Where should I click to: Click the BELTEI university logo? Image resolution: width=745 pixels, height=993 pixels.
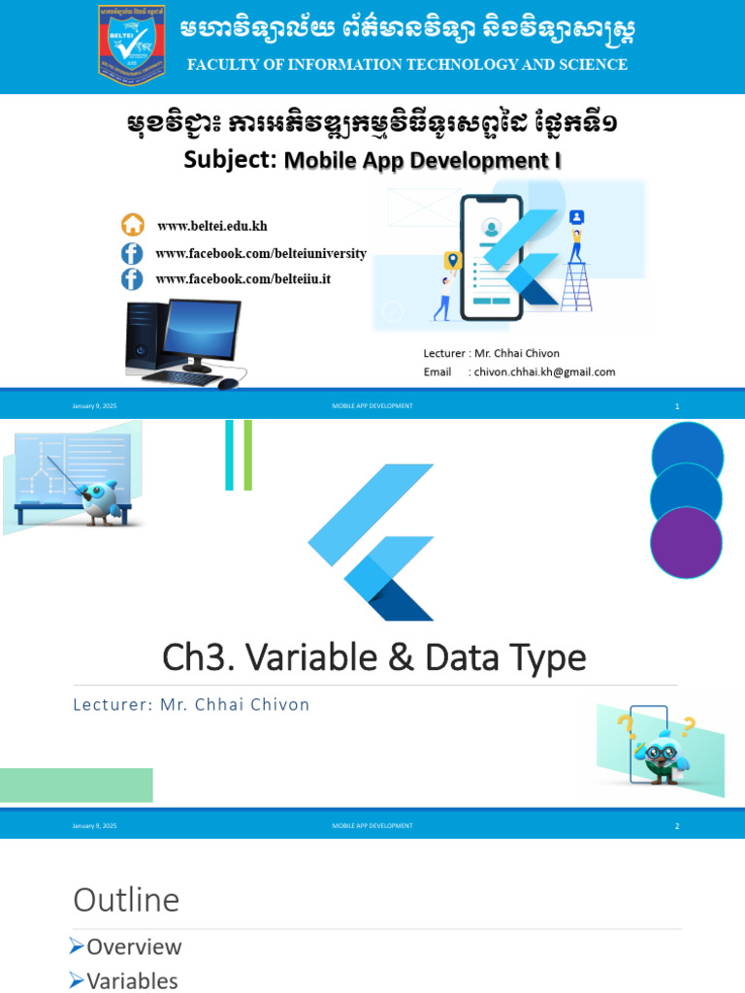pyautogui.click(x=131, y=44)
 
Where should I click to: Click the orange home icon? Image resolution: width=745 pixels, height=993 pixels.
pyautogui.click(x=133, y=225)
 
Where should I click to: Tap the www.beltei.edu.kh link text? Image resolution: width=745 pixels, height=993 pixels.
pyautogui.click(x=211, y=226)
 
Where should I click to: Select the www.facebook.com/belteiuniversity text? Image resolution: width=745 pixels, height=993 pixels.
pyautogui.click(x=260, y=253)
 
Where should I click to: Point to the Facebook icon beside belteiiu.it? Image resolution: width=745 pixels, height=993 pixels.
pyautogui.click(x=132, y=279)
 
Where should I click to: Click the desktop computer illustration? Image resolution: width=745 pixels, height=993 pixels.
pyautogui.click(x=184, y=344)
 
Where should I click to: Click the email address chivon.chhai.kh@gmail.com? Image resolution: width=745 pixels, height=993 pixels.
pyautogui.click(x=544, y=371)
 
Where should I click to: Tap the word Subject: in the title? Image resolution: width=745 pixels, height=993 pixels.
pyautogui.click(x=231, y=160)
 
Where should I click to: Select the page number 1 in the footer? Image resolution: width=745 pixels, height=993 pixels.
pyautogui.click(x=677, y=406)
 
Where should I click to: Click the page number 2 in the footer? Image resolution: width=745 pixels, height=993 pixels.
pyautogui.click(x=677, y=826)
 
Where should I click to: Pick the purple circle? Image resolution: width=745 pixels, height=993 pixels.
pyautogui.click(x=686, y=543)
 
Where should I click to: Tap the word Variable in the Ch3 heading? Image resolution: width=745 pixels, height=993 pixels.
pyautogui.click(x=310, y=657)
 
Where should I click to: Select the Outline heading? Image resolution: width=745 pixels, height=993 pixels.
pyautogui.click(x=126, y=900)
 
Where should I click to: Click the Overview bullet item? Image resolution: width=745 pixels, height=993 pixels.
pyautogui.click(x=134, y=946)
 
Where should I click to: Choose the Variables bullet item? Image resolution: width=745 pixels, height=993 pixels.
pyautogui.click(x=132, y=980)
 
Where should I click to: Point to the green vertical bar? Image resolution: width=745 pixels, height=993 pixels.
pyautogui.click(x=248, y=455)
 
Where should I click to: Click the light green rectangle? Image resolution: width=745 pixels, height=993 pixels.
pyautogui.click(x=77, y=785)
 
